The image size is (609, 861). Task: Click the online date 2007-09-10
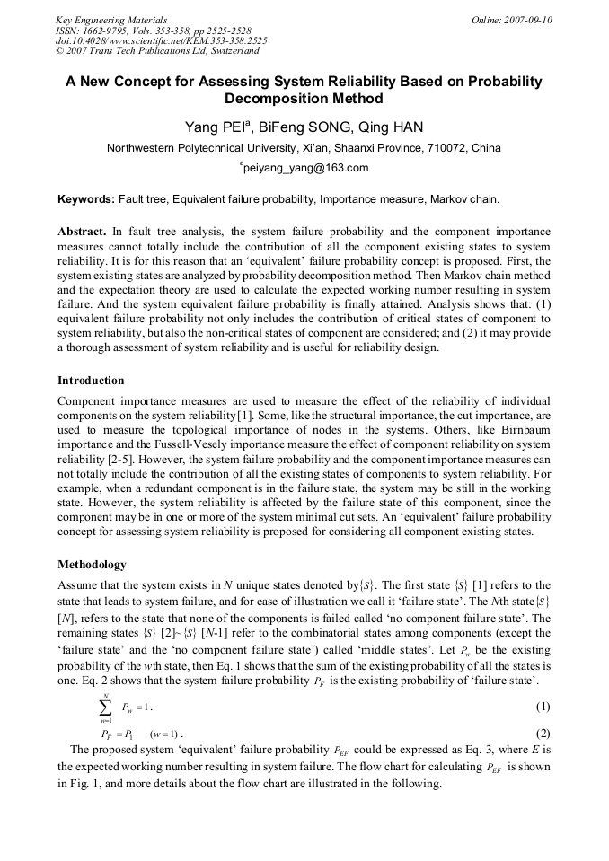(x=528, y=19)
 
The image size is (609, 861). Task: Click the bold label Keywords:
(x=86, y=198)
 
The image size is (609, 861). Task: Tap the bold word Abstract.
(x=82, y=231)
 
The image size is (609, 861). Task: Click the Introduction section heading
(x=91, y=381)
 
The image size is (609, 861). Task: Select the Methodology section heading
(x=92, y=565)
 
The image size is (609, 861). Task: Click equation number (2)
(x=543, y=734)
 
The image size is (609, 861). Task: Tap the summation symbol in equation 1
(x=106, y=707)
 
